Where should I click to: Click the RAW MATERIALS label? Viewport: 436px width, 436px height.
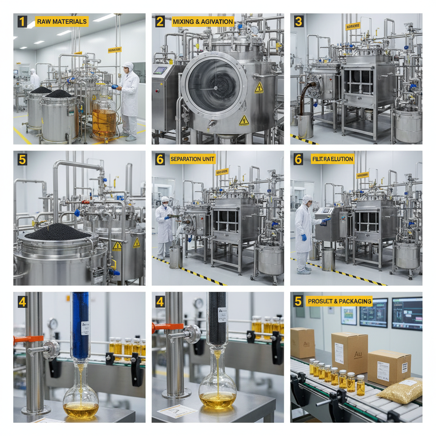[62, 21]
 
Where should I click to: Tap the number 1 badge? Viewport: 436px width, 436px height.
[22, 21]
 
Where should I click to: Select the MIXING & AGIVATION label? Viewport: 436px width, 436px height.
[203, 21]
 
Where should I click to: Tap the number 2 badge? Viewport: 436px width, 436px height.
[160, 21]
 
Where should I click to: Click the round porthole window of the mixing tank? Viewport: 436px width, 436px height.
[214, 85]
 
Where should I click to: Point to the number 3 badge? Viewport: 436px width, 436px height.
[299, 21]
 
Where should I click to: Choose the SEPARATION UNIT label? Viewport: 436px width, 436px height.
[192, 159]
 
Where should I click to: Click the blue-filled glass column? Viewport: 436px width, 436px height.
[80, 326]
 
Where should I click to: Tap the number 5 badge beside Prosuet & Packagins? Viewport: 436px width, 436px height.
[299, 301]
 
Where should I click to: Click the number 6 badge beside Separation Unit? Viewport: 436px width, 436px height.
[160, 159]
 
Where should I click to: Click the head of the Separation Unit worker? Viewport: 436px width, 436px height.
[165, 201]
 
